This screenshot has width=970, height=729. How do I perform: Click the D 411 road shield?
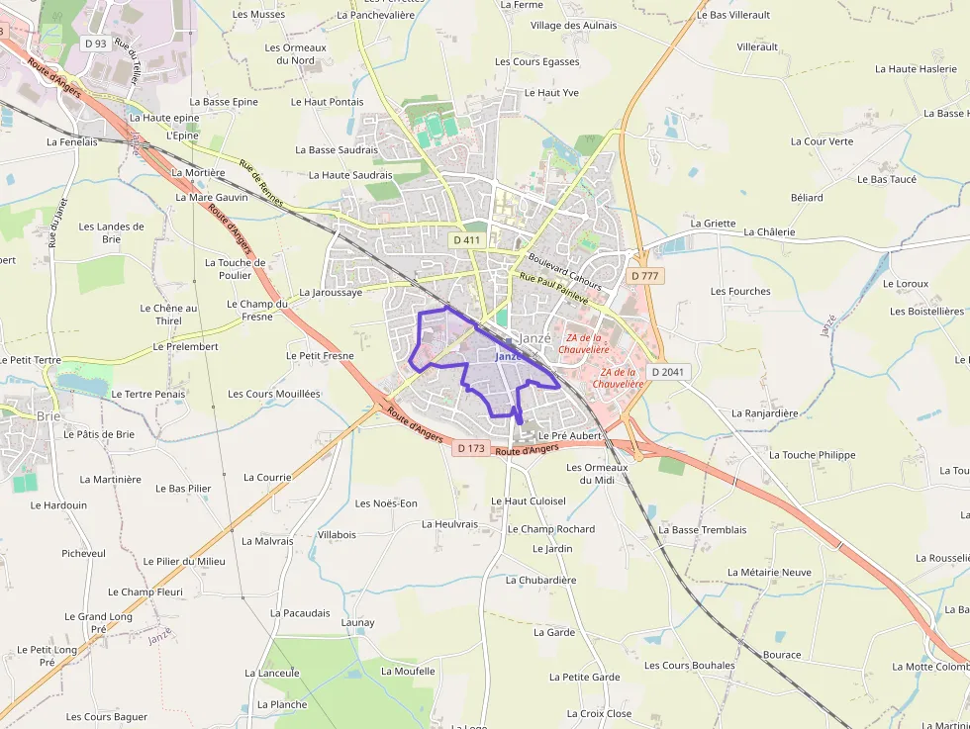pos(466,240)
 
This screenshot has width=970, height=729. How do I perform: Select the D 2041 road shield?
pos(667,371)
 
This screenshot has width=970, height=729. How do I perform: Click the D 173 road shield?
pos(472,448)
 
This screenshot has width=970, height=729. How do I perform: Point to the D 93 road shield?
pos(95,43)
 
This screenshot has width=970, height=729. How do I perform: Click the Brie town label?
pos(48,416)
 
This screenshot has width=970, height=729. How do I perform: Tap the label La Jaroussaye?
pos(331,293)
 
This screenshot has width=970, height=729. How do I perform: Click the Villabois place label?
pos(337,534)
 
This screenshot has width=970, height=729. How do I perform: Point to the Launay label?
pos(357,622)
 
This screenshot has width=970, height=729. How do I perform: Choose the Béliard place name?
pos(807,198)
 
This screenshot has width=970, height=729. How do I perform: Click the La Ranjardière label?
pos(764,413)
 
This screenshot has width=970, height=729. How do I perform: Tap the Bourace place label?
pos(782,655)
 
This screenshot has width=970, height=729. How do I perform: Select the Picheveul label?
pos(83,553)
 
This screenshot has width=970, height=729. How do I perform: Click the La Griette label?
pos(713,224)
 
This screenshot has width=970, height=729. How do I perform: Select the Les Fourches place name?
pos(740,292)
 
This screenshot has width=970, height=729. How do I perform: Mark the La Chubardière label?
pos(540,580)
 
